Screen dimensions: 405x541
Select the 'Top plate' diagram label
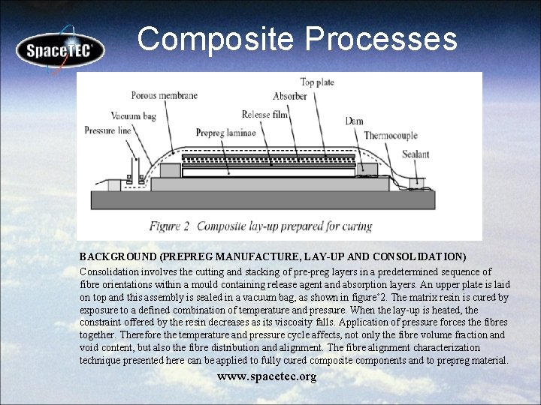317,82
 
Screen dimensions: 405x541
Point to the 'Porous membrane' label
164,95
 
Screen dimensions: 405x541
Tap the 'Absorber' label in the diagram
289,96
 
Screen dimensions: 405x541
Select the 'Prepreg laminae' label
225,133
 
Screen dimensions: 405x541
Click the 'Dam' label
354,121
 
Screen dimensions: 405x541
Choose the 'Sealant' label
416,154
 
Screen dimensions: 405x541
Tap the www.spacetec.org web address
267,376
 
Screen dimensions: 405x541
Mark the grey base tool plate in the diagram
263,199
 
